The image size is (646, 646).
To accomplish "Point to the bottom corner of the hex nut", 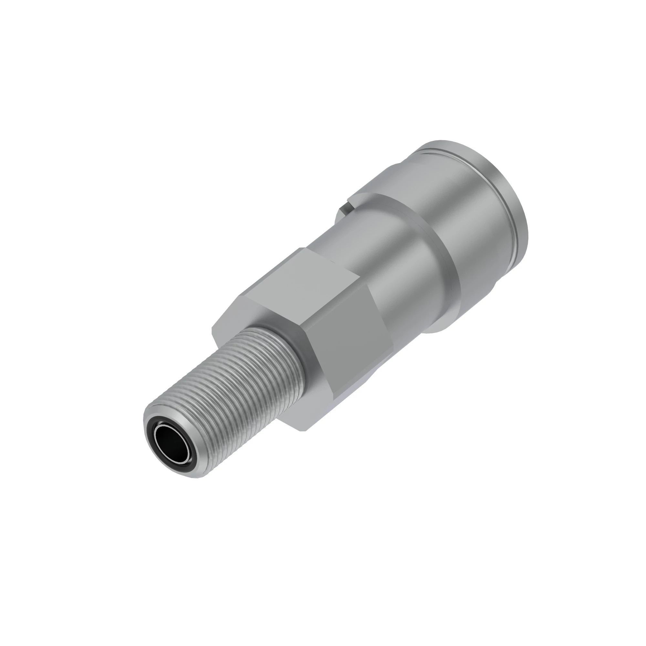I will [x=305, y=431].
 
